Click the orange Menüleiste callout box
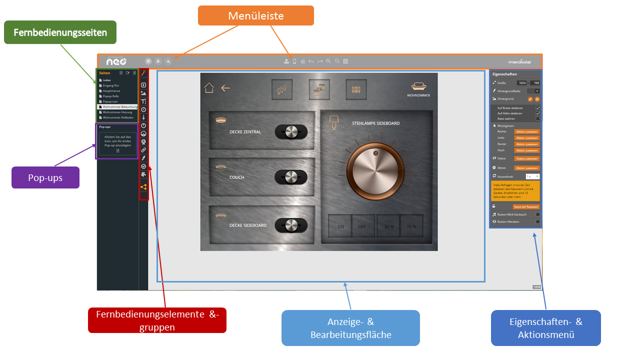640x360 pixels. (255, 15)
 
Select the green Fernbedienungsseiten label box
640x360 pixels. (60, 32)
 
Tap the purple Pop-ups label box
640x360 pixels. (45, 177)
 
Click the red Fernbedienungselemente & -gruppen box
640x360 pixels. (157, 320)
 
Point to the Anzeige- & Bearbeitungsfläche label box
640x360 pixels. (350, 328)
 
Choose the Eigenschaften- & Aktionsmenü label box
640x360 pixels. (545, 328)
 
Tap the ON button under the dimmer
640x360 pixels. (340, 226)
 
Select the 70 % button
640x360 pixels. (411, 226)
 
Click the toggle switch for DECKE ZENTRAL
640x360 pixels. (291, 132)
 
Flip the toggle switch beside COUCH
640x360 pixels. (291, 177)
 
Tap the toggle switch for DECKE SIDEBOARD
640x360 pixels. (291, 225)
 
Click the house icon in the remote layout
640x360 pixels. (209, 88)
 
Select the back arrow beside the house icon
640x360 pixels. (225, 88)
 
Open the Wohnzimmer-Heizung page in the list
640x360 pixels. (117, 112)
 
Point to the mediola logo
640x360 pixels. (519, 62)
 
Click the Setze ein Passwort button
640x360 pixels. (526, 206)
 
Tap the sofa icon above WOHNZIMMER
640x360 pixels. (418, 86)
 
